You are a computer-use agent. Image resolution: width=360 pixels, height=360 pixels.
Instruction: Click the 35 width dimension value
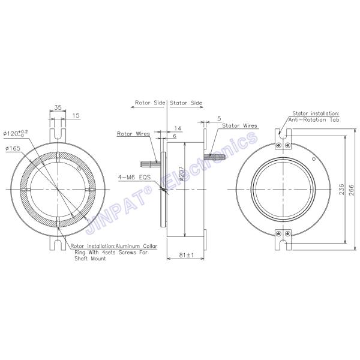(58, 107)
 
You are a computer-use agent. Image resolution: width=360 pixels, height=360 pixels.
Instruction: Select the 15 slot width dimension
(76, 115)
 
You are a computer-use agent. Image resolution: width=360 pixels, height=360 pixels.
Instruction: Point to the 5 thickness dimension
(220, 119)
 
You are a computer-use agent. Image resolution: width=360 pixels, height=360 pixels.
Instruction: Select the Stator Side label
(187, 103)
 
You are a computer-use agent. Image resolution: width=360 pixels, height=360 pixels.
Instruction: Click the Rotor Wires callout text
(133, 134)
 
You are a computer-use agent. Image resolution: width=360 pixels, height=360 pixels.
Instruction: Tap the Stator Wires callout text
(240, 126)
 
